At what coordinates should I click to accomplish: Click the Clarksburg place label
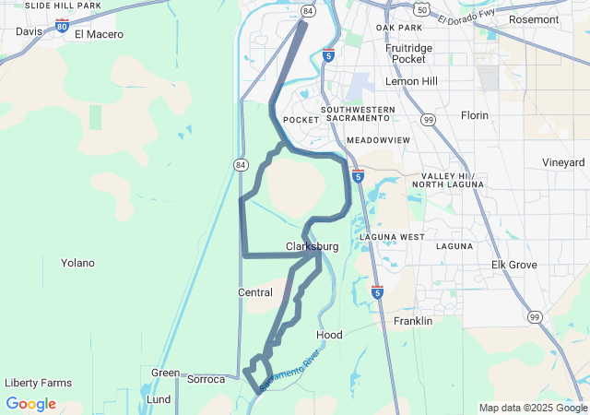(312, 247)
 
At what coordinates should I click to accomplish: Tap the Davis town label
(29, 31)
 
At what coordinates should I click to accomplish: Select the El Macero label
(98, 35)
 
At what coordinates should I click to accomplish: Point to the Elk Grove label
(514, 265)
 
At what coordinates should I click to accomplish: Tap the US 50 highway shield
(421, 9)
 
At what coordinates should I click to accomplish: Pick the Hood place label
(329, 335)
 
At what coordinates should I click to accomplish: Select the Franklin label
(413, 321)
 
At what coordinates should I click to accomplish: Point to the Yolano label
(77, 263)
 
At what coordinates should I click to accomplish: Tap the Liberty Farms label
(38, 383)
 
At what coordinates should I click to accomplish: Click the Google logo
(30, 404)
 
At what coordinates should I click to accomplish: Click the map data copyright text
(533, 408)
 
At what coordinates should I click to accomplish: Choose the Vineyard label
(562, 162)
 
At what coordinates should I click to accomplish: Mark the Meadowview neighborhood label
(378, 140)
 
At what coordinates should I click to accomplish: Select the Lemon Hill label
(411, 81)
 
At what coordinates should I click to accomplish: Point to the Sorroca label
(206, 379)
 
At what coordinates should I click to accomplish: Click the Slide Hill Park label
(63, 6)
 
